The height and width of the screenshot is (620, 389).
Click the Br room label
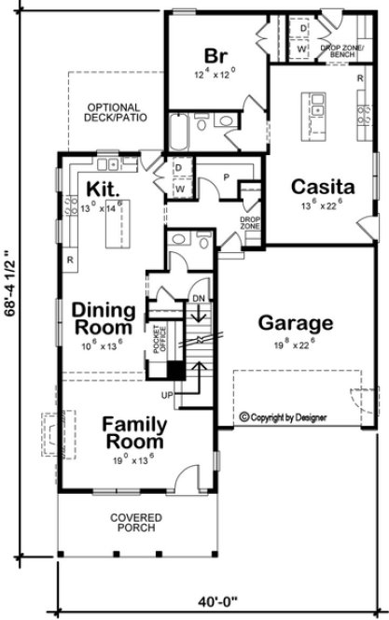213,53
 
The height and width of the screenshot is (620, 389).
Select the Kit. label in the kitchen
101,190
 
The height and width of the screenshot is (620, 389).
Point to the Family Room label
134,430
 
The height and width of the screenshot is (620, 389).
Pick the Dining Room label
104,317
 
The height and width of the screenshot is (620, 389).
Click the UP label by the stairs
169,395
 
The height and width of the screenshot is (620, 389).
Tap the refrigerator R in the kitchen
70,260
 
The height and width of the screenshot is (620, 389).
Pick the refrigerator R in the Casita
359,78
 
